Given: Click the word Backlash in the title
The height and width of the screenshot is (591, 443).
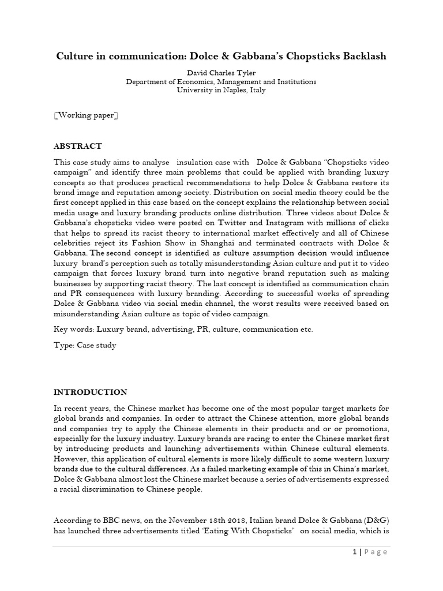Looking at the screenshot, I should pos(361,56).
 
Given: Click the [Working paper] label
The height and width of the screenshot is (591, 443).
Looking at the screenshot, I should pos(86,115).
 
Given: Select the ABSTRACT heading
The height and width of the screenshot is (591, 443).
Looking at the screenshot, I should pos(78,146).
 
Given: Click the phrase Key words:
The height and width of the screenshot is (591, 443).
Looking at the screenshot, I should pos(74,330).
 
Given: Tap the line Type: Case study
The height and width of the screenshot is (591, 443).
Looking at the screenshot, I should pos(85,346).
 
